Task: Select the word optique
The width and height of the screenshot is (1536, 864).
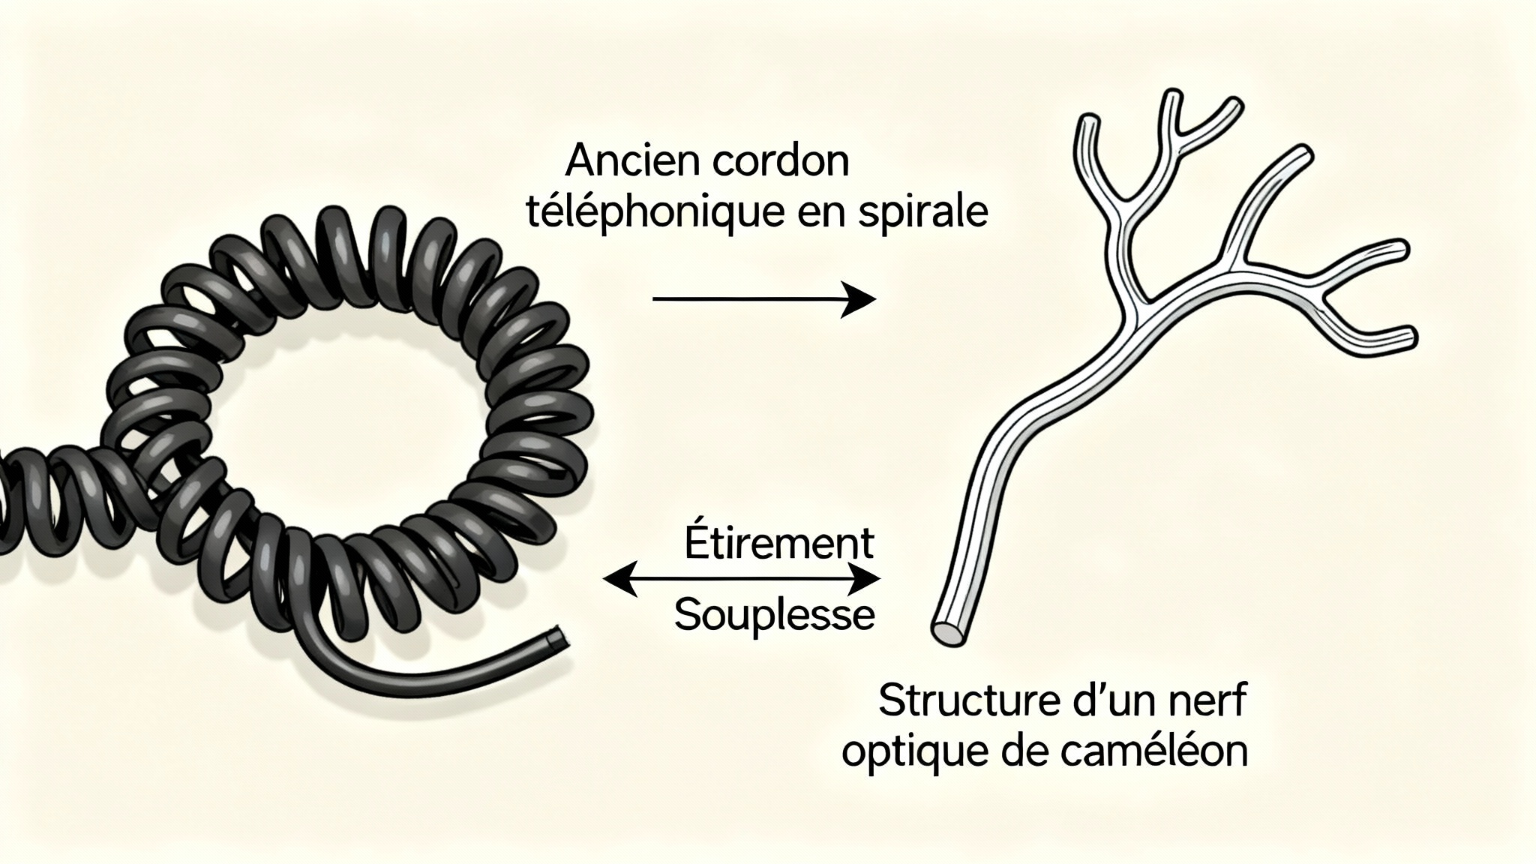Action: coord(901,753)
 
